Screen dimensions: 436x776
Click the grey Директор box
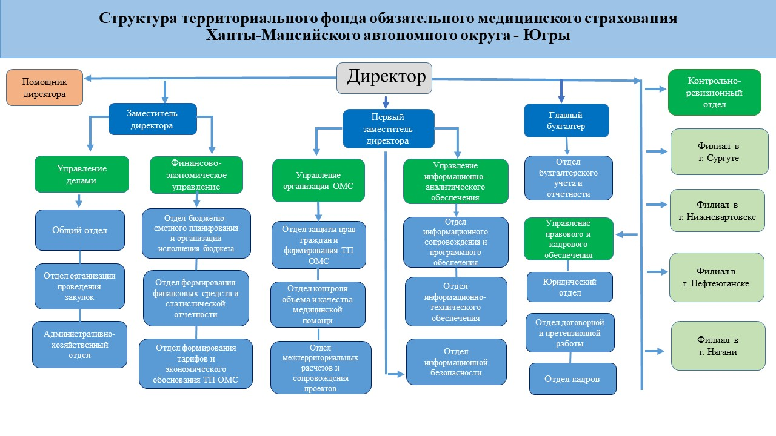(x=384, y=78)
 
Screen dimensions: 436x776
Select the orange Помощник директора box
(x=44, y=88)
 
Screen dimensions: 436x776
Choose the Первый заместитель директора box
(x=388, y=128)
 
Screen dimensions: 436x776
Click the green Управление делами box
(x=82, y=174)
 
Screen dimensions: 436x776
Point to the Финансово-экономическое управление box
(x=196, y=174)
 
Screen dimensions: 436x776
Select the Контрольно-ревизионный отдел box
(x=715, y=92)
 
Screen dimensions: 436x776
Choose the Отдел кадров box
(x=572, y=379)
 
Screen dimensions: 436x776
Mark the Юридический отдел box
(x=569, y=287)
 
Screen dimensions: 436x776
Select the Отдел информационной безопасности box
(x=456, y=362)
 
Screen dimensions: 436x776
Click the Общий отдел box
(x=80, y=230)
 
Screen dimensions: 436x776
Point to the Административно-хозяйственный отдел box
(x=79, y=345)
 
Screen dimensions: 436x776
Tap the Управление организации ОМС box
(x=318, y=180)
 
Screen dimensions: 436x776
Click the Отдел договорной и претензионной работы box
(x=569, y=332)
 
